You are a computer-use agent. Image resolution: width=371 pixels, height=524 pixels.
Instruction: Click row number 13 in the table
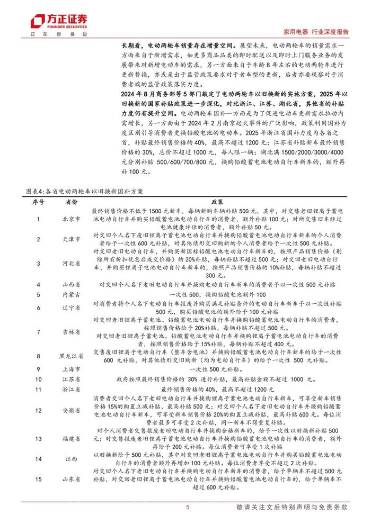pyautogui.click(x=37, y=439)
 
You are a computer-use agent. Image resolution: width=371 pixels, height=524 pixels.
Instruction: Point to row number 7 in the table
pyautogui.click(x=37, y=331)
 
